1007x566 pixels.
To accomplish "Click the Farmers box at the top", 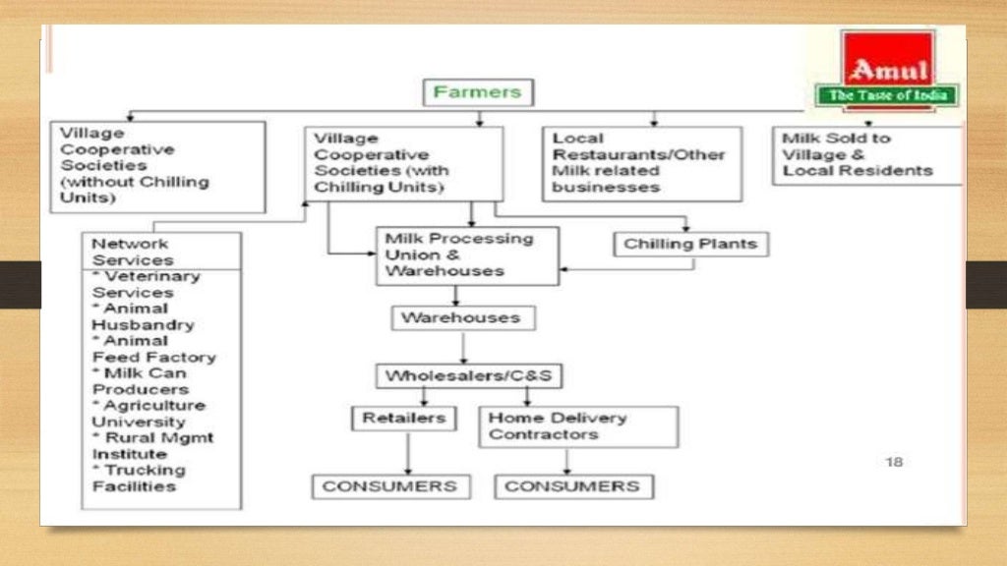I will (x=478, y=92).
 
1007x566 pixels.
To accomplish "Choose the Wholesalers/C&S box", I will (x=473, y=375).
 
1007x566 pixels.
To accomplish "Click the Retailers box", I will (x=403, y=419).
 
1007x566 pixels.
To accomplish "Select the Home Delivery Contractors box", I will (x=578, y=426).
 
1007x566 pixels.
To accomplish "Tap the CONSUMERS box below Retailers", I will (x=389, y=486).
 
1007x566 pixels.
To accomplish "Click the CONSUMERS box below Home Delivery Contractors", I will (x=573, y=486).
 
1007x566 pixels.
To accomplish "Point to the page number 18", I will (x=893, y=462).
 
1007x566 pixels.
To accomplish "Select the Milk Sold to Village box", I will (x=865, y=155).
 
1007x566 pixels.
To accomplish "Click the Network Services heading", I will (x=132, y=252).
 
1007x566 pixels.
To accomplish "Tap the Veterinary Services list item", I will (x=145, y=285).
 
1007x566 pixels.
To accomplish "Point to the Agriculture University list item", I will (x=148, y=414).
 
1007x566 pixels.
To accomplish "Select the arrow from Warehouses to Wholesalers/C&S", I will (x=463, y=348).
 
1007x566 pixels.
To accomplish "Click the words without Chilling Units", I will (x=136, y=190).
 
